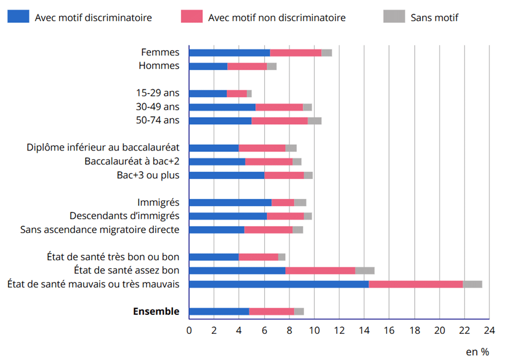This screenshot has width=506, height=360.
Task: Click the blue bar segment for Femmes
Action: (x=230, y=52)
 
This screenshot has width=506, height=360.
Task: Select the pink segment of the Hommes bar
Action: (x=247, y=66)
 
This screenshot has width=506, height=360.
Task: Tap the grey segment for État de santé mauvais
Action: (x=472, y=284)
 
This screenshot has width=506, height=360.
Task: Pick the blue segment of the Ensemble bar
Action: (x=219, y=312)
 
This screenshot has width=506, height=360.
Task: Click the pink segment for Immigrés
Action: (x=283, y=202)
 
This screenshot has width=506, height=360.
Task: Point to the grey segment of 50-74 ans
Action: (x=314, y=120)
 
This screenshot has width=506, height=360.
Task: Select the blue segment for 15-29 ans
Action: (x=208, y=94)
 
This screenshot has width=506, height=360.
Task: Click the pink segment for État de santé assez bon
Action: (x=320, y=271)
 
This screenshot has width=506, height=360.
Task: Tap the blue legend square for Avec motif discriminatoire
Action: (x=18, y=17)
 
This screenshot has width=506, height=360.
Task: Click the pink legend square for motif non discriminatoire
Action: (x=192, y=17)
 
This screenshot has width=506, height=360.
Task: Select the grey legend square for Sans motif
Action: (x=394, y=17)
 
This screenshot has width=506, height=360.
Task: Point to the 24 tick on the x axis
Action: (x=489, y=330)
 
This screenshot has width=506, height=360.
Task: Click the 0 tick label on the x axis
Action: (x=189, y=330)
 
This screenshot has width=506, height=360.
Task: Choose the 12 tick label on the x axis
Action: (x=339, y=330)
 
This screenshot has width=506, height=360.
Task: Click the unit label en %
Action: (x=477, y=352)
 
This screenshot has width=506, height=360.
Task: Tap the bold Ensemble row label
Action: (x=156, y=312)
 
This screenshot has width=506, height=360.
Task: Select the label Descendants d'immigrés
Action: (x=124, y=216)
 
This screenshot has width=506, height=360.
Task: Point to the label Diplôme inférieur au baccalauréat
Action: (x=103, y=148)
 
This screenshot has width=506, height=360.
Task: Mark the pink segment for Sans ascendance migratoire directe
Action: (x=269, y=230)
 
